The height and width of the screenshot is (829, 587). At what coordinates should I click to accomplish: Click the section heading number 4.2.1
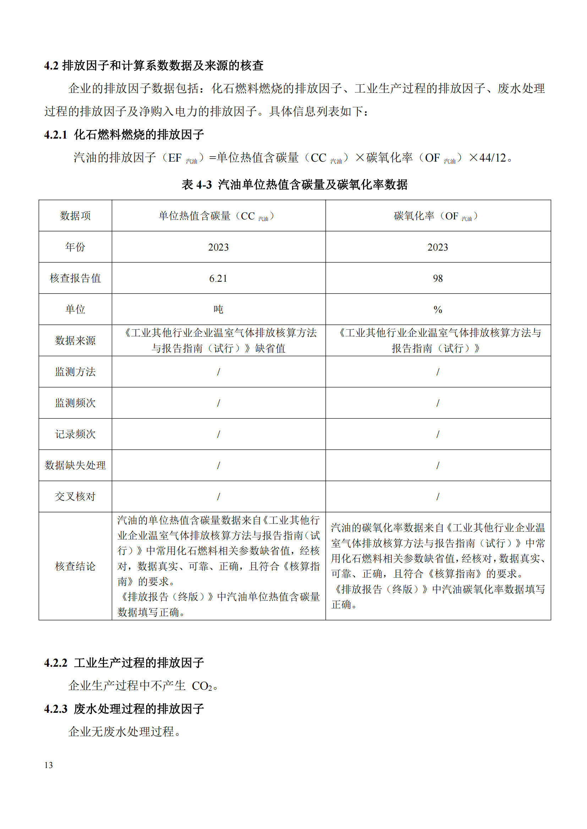[x=56, y=135]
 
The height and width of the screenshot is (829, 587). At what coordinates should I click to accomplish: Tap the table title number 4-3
[x=204, y=185]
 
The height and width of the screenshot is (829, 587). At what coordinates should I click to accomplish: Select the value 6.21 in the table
[x=218, y=278]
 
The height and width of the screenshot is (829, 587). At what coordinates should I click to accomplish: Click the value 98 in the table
[x=438, y=278]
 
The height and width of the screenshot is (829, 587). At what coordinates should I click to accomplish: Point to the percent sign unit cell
[x=438, y=309]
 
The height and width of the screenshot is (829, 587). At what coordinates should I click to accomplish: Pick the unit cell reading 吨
[x=218, y=309]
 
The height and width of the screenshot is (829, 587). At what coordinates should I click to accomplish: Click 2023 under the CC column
[x=218, y=247]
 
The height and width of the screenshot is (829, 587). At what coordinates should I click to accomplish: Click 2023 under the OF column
[x=438, y=247]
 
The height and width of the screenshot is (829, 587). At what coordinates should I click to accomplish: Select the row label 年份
[x=75, y=247]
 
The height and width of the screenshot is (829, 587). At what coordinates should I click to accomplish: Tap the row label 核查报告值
[x=75, y=278]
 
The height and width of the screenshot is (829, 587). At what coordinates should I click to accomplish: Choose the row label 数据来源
[x=75, y=341]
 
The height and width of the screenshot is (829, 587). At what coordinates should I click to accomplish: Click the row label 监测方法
[x=75, y=372]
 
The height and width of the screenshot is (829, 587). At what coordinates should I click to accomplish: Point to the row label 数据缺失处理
[x=75, y=465]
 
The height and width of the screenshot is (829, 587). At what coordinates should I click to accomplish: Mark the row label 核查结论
[x=75, y=566]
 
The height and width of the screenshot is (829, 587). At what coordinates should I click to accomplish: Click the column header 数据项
[x=75, y=216]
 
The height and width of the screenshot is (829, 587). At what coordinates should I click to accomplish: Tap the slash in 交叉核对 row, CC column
[x=218, y=497]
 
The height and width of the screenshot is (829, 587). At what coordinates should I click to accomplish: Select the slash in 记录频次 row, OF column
[x=438, y=435]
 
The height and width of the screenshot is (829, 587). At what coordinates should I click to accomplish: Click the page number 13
[x=48, y=765]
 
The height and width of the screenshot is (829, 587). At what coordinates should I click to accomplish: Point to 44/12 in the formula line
[x=493, y=158]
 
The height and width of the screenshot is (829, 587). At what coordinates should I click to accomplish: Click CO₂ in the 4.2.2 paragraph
[x=202, y=686]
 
